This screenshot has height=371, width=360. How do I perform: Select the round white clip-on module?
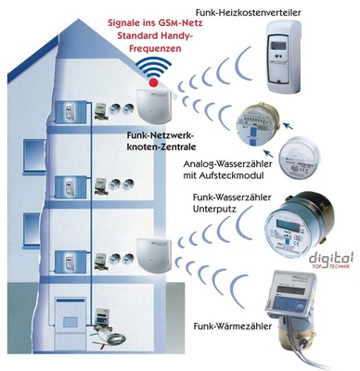tap(302, 154)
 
